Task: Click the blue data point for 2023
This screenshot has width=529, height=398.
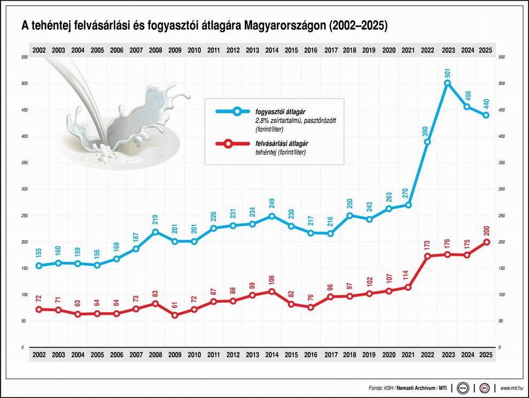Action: pos(447,83)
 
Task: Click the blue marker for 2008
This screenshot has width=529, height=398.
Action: pos(155,232)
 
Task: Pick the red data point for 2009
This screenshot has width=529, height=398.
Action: pos(175,315)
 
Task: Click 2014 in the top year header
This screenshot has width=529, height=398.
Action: pos(271,51)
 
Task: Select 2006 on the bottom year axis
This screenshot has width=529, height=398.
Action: pos(116,355)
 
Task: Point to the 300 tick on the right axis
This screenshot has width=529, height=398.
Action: pos(501,189)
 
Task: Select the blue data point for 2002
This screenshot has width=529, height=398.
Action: pos(38,265)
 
